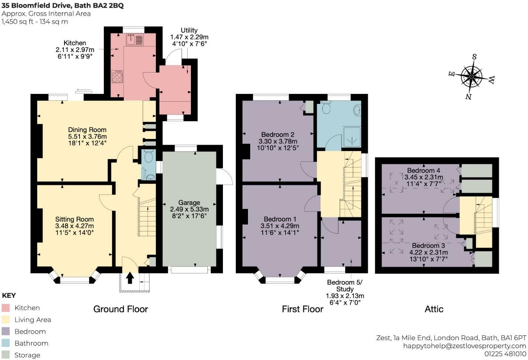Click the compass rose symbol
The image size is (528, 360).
click(471, 77)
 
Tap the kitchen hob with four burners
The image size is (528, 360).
click(117, 76)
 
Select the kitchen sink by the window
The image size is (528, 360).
click(135, 39)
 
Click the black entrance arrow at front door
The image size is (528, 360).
click(130, 278)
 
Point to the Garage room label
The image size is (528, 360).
click(189, 203)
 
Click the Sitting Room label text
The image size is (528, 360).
click(74, 219)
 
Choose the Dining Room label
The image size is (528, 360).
click(87, 130)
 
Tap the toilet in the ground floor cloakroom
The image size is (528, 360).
click(148, 156)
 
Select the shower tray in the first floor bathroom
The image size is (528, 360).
click(352, 137)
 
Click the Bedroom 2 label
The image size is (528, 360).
click(278, 134)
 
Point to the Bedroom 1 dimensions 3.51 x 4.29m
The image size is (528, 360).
click(280, 226)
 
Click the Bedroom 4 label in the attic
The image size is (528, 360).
click(424, 170)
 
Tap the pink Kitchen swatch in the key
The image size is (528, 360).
click(6, 308)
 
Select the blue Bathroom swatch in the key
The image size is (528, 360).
click(6, 343)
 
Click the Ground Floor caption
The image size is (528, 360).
click(120, 309)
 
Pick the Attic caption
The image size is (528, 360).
click(434, 309)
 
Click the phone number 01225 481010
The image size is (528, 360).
click(505, 354)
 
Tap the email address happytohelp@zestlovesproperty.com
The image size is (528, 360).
click(465, 346)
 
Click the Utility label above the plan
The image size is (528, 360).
click(189, 31)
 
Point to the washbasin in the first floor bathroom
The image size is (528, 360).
click(357, 110)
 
